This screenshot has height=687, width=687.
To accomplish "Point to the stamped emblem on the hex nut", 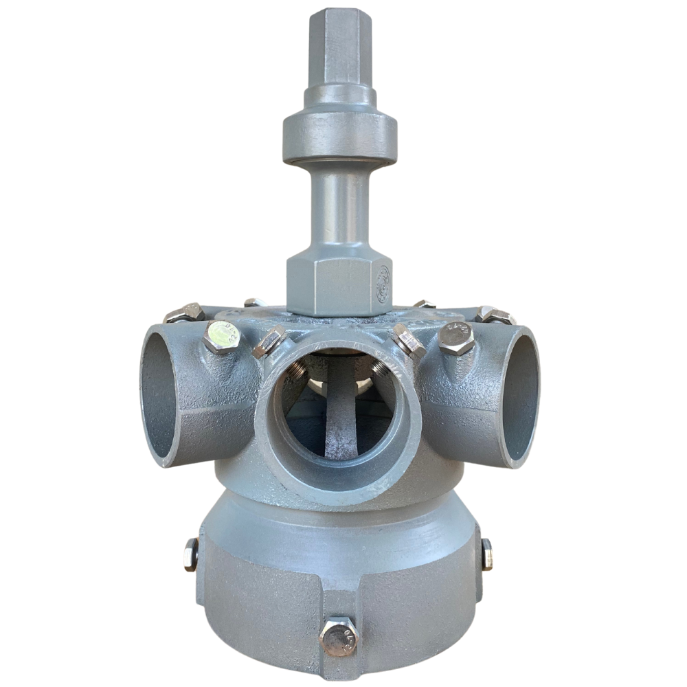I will point(382,282).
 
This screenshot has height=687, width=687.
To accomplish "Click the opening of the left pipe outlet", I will point(159,395).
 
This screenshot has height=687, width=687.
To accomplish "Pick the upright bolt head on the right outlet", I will point(456,337).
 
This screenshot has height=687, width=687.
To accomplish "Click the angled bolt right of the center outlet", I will point(409,341).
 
